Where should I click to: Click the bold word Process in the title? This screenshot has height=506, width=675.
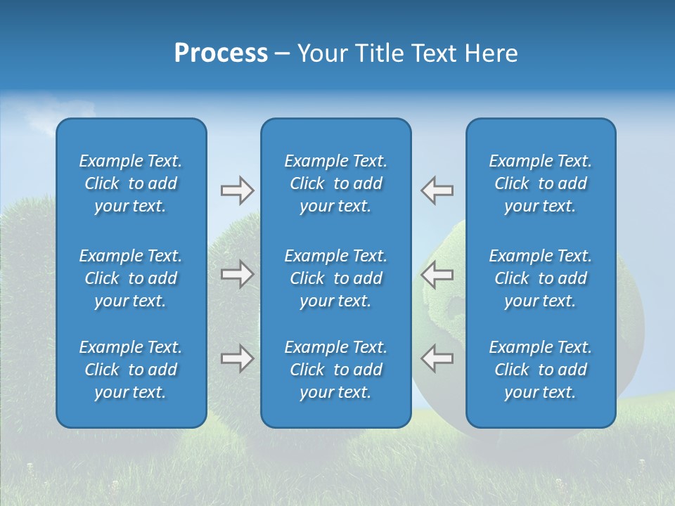coord(221,53)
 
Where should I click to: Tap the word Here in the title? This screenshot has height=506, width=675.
coord(491,53)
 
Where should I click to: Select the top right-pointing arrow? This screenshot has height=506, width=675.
coord(237,190)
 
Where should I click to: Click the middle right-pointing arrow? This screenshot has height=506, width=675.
coord(237,274)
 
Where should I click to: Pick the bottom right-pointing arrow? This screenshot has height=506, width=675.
coord(237,358)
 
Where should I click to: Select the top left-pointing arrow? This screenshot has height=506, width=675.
coord(437,190)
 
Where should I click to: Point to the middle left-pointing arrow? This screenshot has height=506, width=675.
coord(437,274)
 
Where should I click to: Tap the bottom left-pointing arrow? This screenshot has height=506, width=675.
coord(437,358)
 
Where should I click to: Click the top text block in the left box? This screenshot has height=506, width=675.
coord(131,183)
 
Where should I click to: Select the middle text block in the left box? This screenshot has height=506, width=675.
coord(131,278)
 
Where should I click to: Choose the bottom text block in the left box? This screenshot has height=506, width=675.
coord(131,370)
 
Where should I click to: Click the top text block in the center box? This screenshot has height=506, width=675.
coord(335,183)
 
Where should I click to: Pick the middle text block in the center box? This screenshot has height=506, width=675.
coord(335,278)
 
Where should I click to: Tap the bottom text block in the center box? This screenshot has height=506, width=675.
coord(335,370)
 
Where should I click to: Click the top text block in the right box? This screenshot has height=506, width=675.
coord(541,183)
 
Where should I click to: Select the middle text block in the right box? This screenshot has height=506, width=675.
coord(541,278)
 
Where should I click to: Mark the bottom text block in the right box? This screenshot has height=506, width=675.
coord(541,370)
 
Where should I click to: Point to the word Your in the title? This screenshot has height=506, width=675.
coord(321,53)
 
